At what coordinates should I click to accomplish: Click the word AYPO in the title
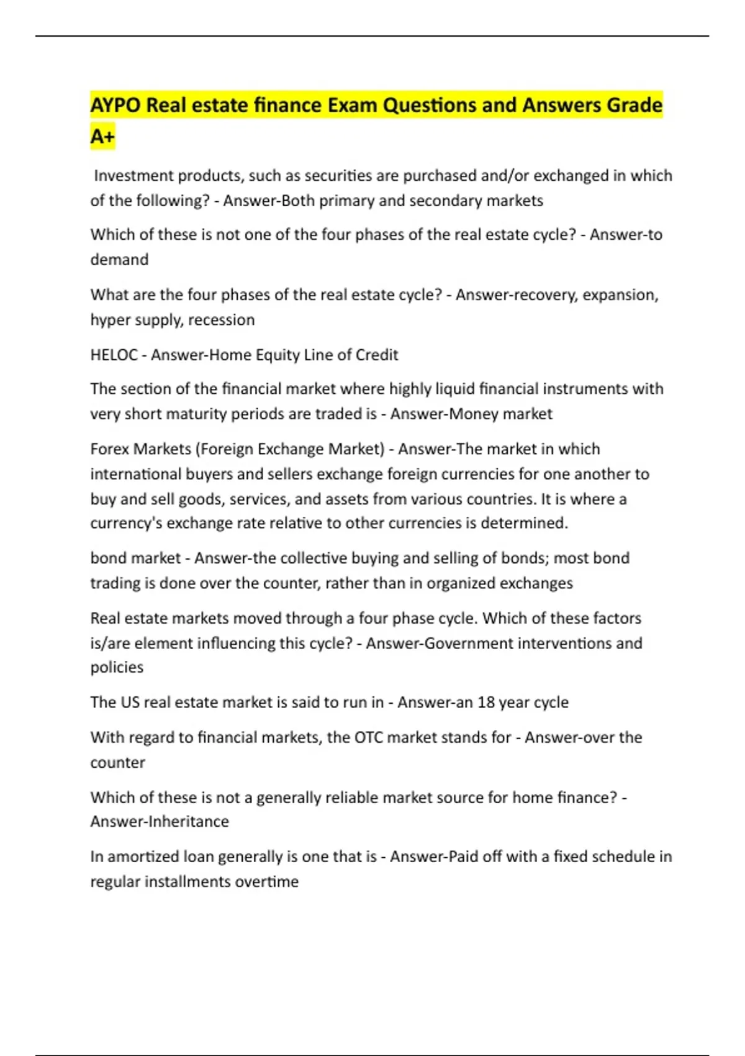115,105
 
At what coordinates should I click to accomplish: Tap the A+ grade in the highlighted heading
102,136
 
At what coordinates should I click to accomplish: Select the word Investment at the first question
133,176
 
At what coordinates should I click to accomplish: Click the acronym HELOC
114,355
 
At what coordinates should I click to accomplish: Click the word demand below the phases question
119,259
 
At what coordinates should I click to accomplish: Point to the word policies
117,667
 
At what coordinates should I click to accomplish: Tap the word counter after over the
117,762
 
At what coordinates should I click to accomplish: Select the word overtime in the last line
270,881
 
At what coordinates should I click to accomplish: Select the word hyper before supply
109,320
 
